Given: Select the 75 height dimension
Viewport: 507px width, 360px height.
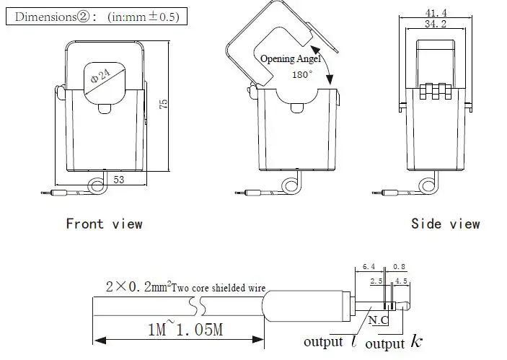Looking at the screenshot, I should coord(164,105).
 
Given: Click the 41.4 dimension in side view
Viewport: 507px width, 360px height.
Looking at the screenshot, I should coord(432,13).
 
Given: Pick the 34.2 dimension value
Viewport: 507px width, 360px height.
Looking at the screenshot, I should coord(432,24).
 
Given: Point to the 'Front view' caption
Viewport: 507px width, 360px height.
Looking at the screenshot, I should coord(104,224).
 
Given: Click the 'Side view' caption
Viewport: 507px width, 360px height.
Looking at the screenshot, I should coord(445,224).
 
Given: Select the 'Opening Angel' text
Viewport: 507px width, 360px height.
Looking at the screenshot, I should coord(290,60).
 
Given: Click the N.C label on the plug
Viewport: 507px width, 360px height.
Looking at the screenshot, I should coord(379,318).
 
